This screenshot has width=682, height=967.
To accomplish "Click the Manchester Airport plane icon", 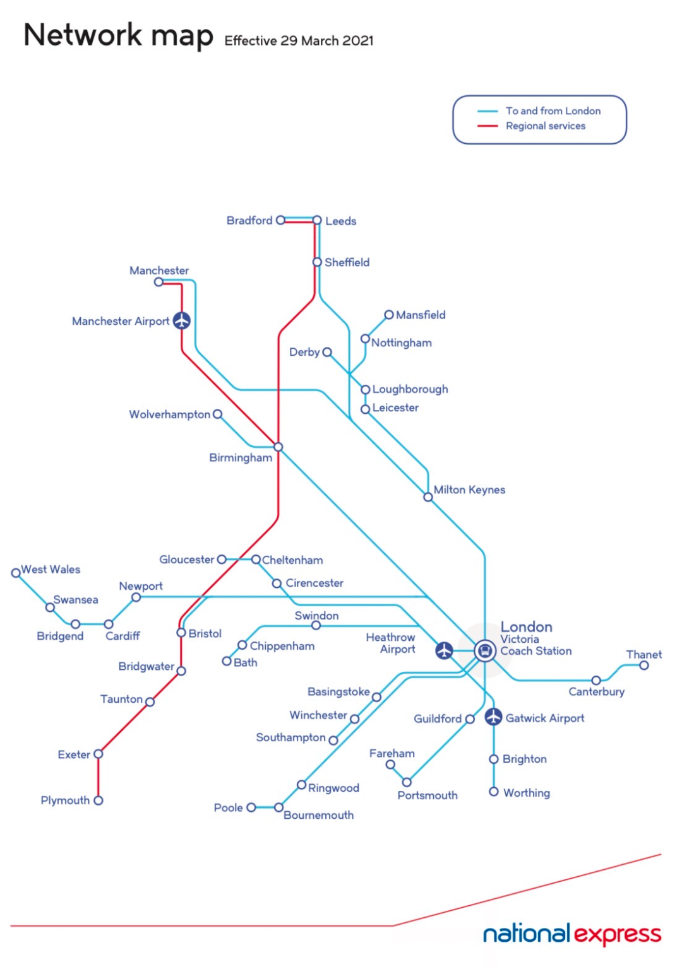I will pos(182,320).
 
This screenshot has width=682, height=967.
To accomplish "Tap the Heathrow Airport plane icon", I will pos(444,650).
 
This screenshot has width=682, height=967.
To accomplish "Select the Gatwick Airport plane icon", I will pos(493,717).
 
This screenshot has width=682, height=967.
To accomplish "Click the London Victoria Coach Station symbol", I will pos(484,650).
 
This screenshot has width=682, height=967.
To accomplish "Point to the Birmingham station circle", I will pos(278,447).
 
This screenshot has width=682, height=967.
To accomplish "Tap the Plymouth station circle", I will pos(98,800).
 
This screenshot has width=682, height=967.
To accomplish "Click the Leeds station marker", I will pos(317,221).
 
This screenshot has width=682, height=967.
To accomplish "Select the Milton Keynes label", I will pos(469,490).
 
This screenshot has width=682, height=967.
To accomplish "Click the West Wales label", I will pos(51,570).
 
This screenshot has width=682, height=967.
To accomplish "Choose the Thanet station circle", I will pos(643,665).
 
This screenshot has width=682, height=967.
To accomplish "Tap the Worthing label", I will pos(526,793).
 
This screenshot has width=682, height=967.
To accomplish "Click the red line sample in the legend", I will pos(488,126).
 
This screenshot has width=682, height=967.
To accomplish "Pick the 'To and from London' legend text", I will pos(553,111).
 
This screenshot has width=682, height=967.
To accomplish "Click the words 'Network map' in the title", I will pos(118,35).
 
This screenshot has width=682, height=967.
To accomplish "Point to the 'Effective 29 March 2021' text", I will pos(299,41).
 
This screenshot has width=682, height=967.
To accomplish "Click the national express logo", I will pos(571,934).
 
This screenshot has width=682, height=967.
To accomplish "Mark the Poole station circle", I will pos(251,807).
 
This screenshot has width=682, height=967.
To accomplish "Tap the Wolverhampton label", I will pos(169,414).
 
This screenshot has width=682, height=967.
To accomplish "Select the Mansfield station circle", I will pos(389,315).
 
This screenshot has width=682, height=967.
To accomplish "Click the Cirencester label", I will pos(314,583).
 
